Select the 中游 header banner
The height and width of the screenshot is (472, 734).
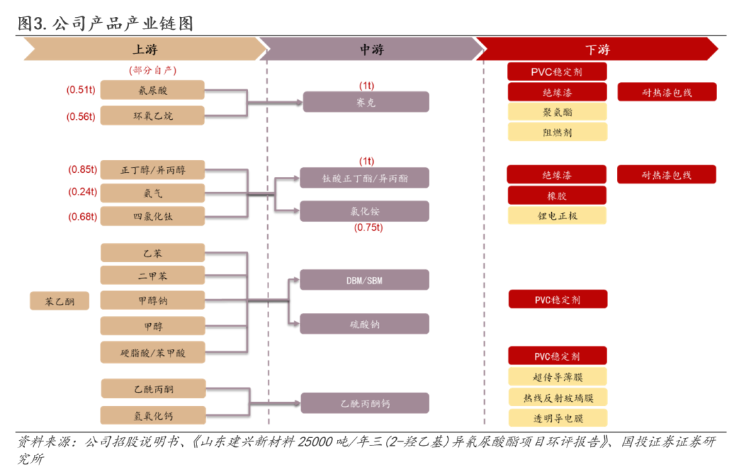(x=371, y=50)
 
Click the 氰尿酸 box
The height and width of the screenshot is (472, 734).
(x=152, y=90)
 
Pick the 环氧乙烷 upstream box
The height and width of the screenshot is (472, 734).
(x=152, y=116)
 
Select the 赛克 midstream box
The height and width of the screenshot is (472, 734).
(x=366, y=103)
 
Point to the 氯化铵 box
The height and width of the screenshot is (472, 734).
(x=365, y=212)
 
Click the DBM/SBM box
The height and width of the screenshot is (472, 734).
(x=365, y=280)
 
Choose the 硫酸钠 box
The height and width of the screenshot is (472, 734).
(x=365, y=324)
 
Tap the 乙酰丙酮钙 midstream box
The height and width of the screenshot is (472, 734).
(x=365, y=403)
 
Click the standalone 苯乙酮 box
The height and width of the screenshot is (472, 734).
(x=60, y=301)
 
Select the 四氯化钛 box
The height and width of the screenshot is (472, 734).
(x=152, y=217)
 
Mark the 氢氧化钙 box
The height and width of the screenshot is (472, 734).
(x=152, y=415)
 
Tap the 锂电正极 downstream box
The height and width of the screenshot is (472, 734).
(x=557, y=216)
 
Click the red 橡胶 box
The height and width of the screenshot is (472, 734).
(x=557, y=196)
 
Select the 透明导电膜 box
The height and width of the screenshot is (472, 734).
(x=557, y=418)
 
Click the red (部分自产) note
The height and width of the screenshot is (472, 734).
(x=152, y=70)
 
